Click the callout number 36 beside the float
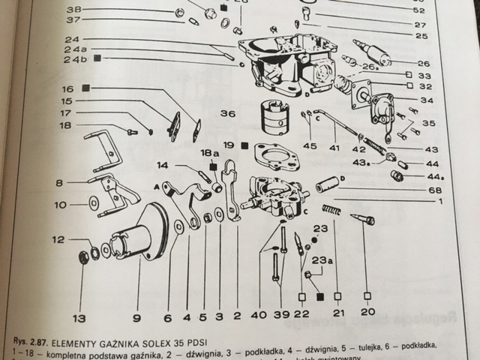pyautogui.click(x=227, y=114)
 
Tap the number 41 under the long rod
pyautogui.click(x=334, y=148)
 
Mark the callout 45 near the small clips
pyautogui.click(x=310, y=147)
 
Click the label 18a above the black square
pyautogui.click(x=209, y=152)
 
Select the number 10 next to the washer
pyautogui.click(x=60, y=203)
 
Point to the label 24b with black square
pyautogui.click(x=75, y=58)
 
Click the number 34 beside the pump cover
pyautogui.click(x=427, y=100)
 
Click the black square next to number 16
pyautogui.click(x=85, y=88)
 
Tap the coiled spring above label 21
pyautogui.click(x=331, y=209)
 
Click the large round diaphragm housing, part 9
pyautogui.click(x=147, y=232)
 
